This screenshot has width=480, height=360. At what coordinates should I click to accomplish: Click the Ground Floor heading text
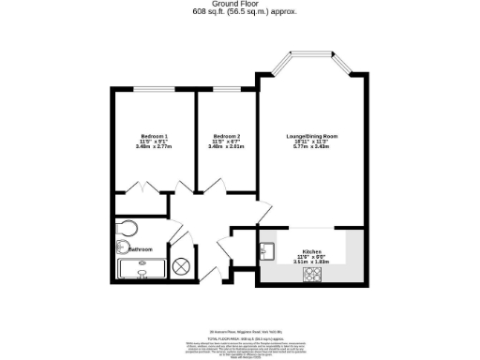(239, 5)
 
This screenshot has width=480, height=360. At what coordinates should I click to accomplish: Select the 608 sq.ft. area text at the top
(239, 12)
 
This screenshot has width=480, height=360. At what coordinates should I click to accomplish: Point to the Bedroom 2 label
(226, 137)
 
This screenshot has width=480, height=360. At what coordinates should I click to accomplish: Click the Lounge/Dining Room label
(311, 137)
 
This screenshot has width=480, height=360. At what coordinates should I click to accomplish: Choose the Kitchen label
(311, 252)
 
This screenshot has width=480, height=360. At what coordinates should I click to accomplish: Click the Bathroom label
(141, 249)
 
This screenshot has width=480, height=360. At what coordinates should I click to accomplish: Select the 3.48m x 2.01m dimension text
(226, 147)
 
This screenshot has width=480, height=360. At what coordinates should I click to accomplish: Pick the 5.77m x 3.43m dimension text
(311, 147)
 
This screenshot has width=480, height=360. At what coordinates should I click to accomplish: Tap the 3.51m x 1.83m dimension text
(311, 262)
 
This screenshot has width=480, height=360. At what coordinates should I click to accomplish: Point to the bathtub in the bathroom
(141, 270)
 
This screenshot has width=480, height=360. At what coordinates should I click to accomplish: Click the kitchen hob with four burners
(312, 274)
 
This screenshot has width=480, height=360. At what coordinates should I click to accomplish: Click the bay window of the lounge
(311, 59)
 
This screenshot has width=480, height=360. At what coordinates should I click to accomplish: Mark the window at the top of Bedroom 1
(151, 88)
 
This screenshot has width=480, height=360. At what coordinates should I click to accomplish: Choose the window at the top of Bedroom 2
(226, 88)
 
